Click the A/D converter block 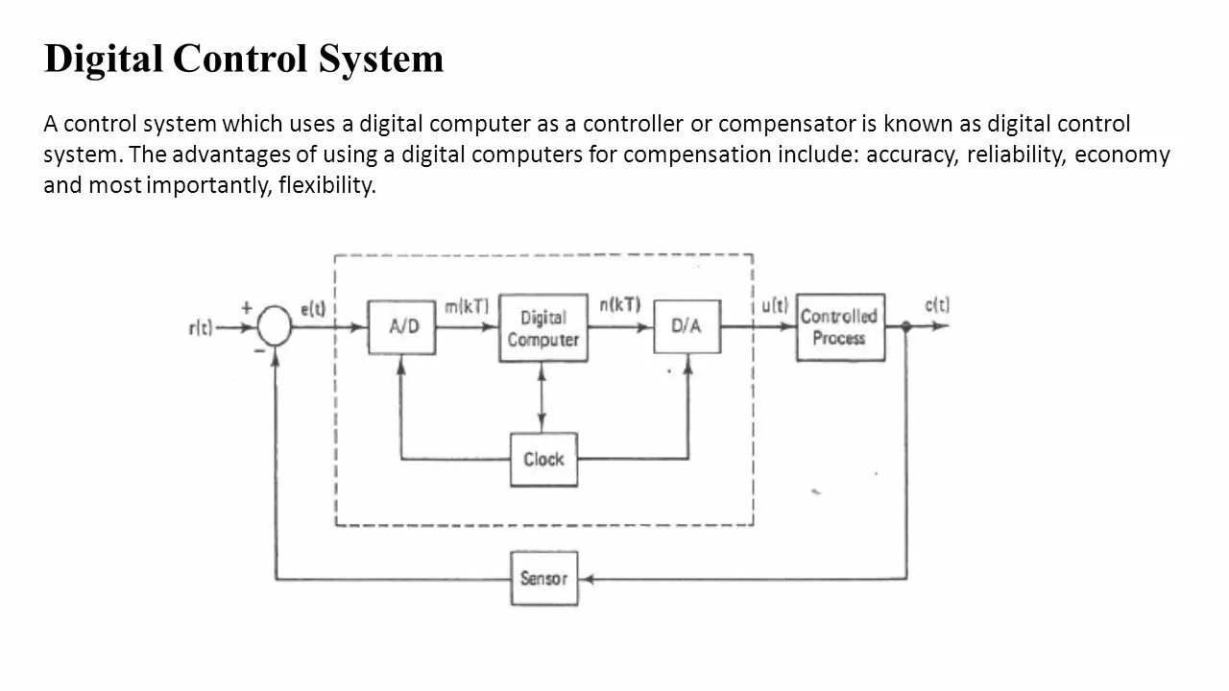pos(403,327)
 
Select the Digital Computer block pos(542,328)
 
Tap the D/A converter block pos(687,326)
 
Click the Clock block pos(543,460)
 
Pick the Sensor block pos(543,578)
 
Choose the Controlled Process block pos(839,327)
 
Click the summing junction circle pos(276,327)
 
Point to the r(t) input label pos(201,327)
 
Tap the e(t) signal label pos(313,309)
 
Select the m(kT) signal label pos(466,306)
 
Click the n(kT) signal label pos(619,305)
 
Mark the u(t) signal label pos(774,306)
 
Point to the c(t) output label pos(937,305)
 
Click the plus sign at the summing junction pos(247,308)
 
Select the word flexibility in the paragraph pos(326,185)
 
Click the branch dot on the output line pos(906,327)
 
